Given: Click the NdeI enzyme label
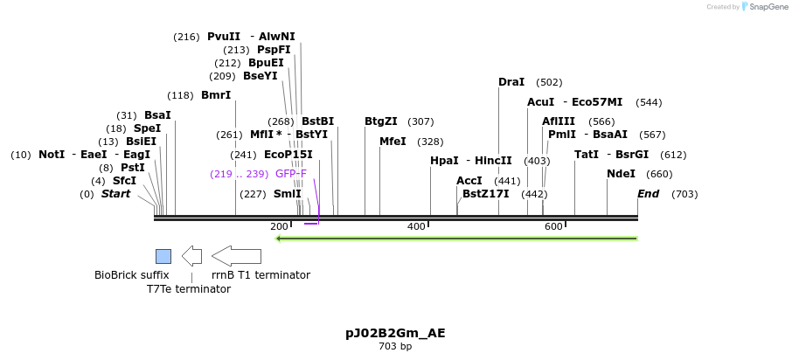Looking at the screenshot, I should click(621, 174).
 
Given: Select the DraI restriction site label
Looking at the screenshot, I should click(511, 82).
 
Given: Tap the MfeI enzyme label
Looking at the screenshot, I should click(393, 142).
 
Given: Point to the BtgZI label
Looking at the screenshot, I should click(380, 121).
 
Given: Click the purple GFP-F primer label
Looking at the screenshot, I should click(291, 174).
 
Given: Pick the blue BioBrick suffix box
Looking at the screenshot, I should click(163, 256).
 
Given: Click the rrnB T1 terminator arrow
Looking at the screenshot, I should click(236, 256).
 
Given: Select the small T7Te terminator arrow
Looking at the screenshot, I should click(191, 256).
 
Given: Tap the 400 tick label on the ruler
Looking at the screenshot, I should click(416, 227).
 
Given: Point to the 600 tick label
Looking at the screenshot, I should click(553, 227).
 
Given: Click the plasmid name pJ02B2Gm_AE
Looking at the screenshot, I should click(395, 333).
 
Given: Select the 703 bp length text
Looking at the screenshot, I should click(395, 347).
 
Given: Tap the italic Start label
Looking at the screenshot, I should click(115, 194).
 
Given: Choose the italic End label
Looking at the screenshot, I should click(648, 194).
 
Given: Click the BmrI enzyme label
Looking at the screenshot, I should click(216, 95).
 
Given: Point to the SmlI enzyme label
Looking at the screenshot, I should click(287, 194).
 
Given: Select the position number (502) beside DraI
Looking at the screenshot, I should click(549, 82).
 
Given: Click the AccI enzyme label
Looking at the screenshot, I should click(469, 181).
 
